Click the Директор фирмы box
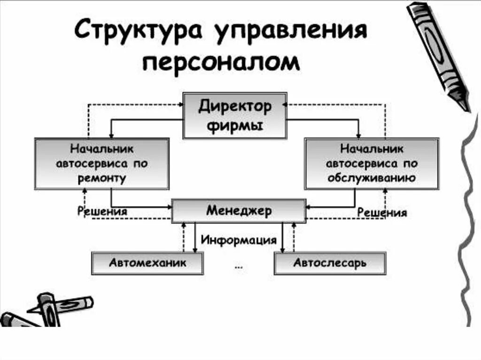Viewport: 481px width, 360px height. coord(234,116)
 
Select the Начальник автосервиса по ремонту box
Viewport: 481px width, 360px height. coord(101,163)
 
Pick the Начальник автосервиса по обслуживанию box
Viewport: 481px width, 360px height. coord(371,163)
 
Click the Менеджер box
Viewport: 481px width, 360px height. coord(239,211)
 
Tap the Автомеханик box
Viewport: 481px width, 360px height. coord(147,263)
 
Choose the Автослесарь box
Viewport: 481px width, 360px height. coord(329,263)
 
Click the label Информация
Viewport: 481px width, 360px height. coord(239,240)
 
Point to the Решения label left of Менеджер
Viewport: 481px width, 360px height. coord(102,211)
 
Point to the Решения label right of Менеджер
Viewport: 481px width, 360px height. coord(382,213)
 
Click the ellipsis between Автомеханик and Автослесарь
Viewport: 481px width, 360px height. coord(238,266)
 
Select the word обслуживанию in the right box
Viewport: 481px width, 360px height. coord(371,178)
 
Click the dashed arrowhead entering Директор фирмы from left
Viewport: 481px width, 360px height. coord(180,104)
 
